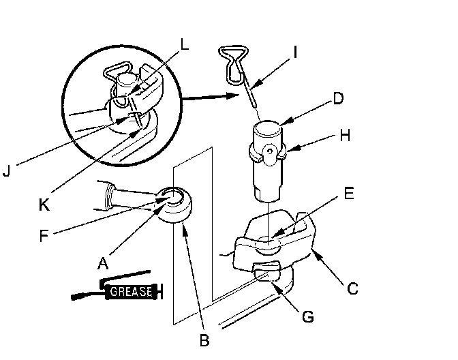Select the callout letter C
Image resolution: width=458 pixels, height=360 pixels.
[352, 288]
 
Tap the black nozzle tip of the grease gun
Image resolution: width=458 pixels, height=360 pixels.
[76, 297]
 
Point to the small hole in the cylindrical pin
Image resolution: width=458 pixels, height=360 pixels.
[271, 147]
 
